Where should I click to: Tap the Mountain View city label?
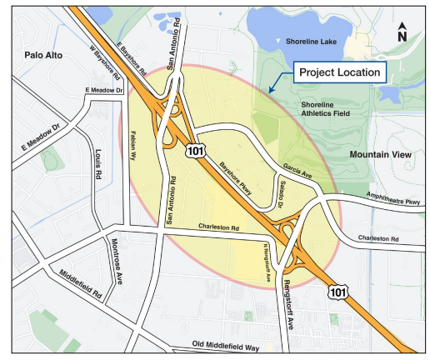pyautogui.click(x=382, y=155)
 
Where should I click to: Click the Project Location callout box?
pyautogui.click(x=340, y=72)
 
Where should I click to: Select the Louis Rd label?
pyautogui.click(x=97, y=164)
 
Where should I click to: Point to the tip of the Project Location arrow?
pyautogui.click(x=267, y=90)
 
